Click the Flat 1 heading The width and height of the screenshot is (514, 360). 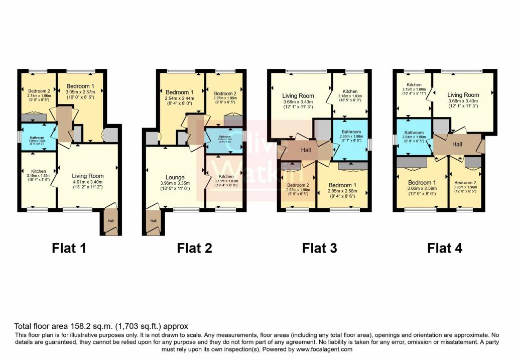[x=69, y=248]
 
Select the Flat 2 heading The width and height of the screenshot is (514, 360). [x=194, y=248]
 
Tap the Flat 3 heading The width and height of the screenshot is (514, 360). [x=319, y=248]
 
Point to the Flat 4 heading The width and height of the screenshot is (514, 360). [x=445, y=248]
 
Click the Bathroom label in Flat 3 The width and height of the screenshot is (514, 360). [x=351, y=132]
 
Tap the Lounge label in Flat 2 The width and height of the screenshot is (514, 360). [x=175, y=178]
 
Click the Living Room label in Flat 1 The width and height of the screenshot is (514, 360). [x=88, y=176]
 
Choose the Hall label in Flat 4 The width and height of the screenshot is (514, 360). [x=457, y=145]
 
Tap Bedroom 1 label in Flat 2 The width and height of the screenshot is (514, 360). [x=179, y=92]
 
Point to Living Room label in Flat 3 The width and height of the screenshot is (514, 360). [x=298, y=96]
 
